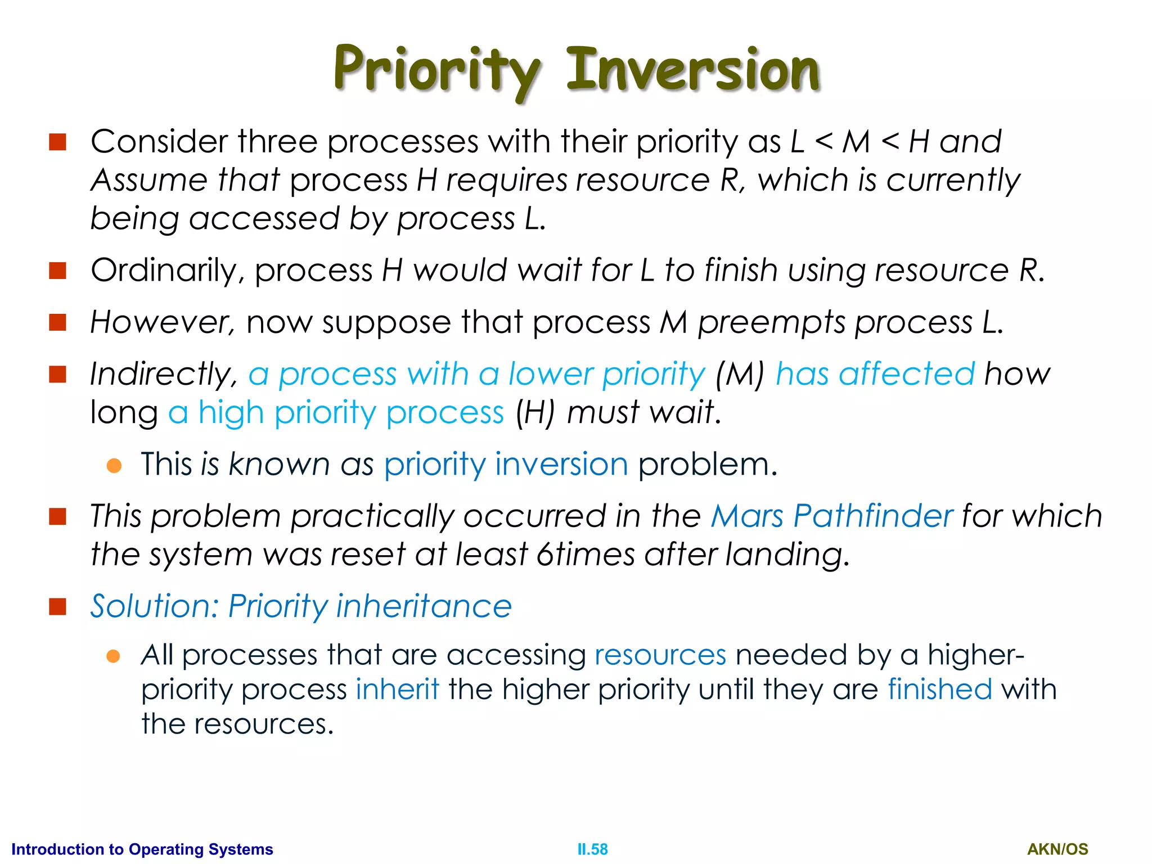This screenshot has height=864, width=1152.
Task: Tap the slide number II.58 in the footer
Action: click(x=592, y=849)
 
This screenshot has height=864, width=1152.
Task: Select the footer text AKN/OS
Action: click(x=1057, y=849)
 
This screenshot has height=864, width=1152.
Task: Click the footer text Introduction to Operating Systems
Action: click(x=142, y=849)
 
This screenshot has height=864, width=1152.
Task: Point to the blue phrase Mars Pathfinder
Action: click(x=831, y=516)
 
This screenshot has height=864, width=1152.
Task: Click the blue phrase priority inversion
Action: click(x=506, y=465)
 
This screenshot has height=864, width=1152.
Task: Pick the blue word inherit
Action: click(x=397, y=690)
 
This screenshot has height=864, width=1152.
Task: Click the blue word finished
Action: click(x=940, y=690)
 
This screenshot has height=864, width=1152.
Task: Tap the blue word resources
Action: click(x=660, y=655)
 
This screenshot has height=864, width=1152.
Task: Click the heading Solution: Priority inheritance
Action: click(x=301, y=606)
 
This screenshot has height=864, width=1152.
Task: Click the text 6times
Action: click(x=585, y=555)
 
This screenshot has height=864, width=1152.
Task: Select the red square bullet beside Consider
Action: click(x=58, y=142)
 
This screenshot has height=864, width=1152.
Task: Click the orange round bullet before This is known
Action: click(x=114, y=465)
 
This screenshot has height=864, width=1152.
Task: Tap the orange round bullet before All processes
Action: click(x=114, y=656)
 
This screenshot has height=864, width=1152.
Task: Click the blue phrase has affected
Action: click(x=875, y=374)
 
